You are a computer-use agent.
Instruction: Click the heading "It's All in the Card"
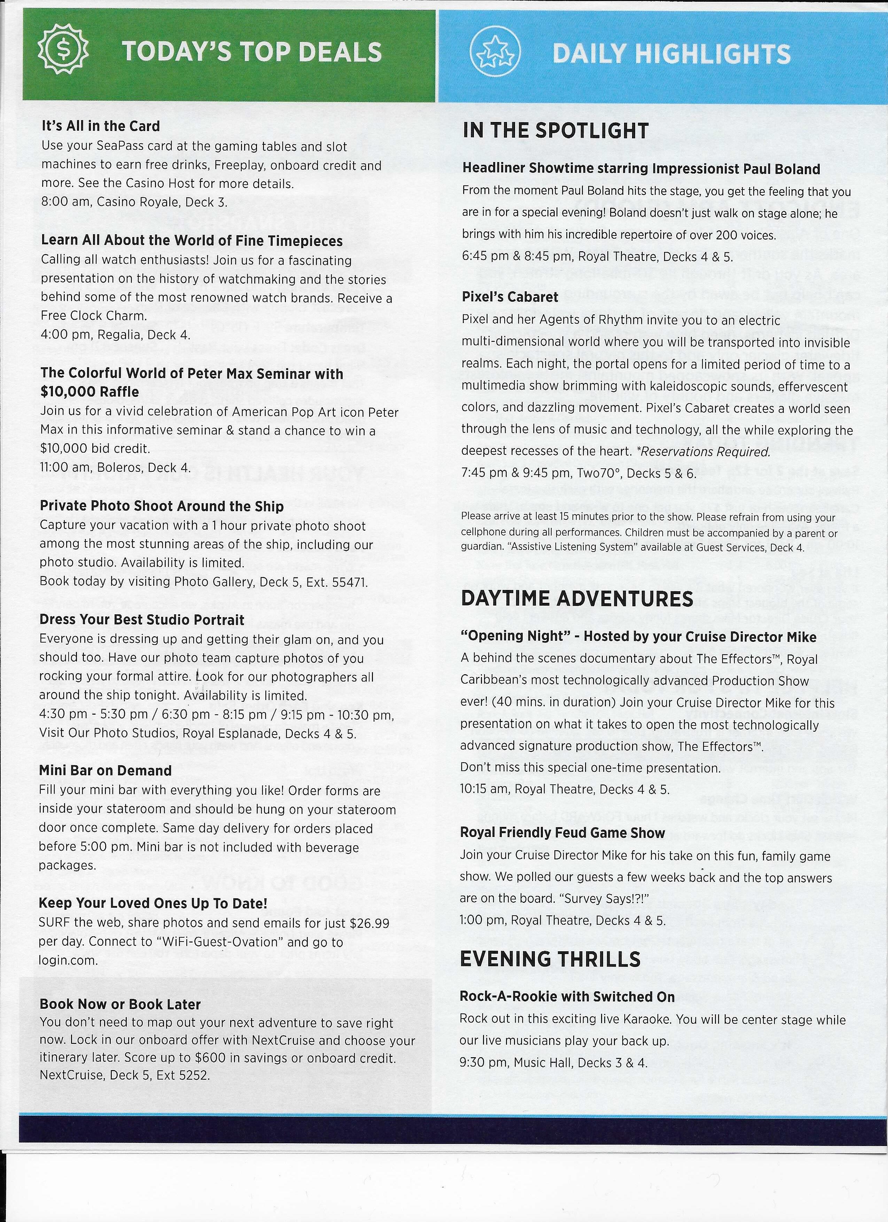[101, 126]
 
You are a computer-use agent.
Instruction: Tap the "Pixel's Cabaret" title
[510, 297]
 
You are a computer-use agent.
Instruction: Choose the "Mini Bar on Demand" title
[105, 770]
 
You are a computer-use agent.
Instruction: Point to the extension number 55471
[349, 583]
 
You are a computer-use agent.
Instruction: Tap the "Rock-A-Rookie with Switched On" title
[567, 997]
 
